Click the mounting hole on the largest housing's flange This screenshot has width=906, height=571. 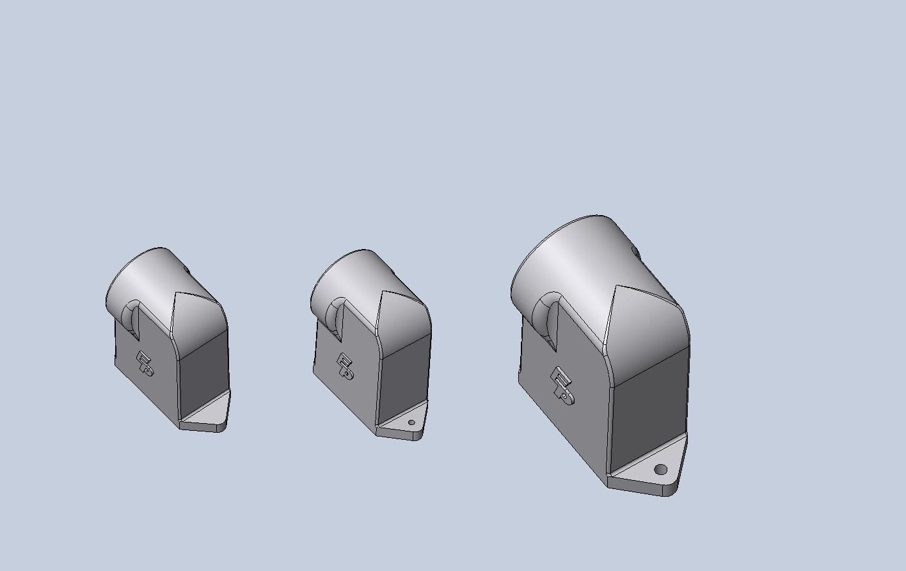(661, 470)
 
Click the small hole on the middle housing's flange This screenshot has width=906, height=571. (411, 422)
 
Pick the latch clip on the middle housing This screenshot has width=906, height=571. (345, 366)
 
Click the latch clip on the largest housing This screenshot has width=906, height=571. (562, 385)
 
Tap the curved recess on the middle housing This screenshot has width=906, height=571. (335, 316)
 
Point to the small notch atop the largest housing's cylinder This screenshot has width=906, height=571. (636, 252)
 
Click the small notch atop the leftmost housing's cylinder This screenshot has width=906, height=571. (187, 271)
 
